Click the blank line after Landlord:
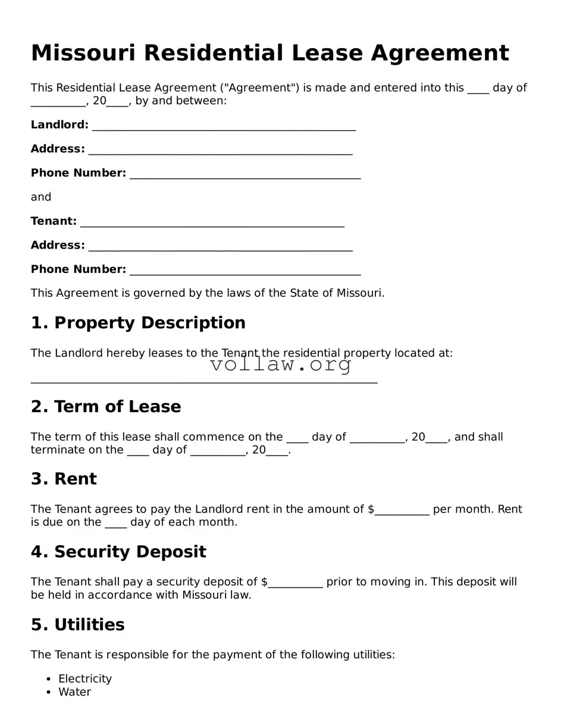[x=224, y=125]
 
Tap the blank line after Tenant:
[x=212, y=222]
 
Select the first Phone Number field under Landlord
[x=245, y=174]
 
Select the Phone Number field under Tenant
[x=245, y=270]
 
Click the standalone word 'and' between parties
[x=41, y=197]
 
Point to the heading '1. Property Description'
[x=138, y=323]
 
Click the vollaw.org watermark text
[x=281, y=364]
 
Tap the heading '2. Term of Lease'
[x=106, y=407]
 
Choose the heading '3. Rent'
[x=64, y=479]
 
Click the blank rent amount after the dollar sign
[x=402, y=510]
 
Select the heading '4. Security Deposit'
[x=118, y=552]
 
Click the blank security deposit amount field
[x=295, y=583]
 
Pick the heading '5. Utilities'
[x=78, y=625]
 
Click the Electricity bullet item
[x=85, y=679]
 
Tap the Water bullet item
[x=74, y=692]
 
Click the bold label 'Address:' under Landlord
[x=58, y=149]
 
